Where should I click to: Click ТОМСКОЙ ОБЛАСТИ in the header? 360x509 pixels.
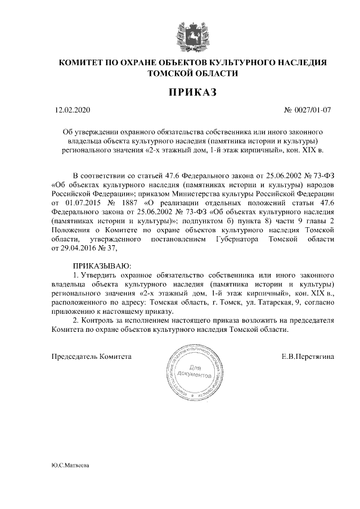[x=192, y=73]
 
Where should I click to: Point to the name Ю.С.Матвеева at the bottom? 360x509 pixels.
[x=70, y=466]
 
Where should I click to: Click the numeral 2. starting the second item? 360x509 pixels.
[x=76, y=320]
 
